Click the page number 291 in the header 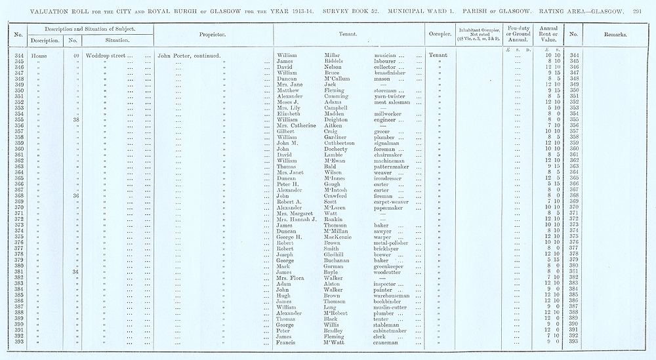646,10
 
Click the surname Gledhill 338,254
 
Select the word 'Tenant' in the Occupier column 438,55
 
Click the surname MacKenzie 341,237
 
